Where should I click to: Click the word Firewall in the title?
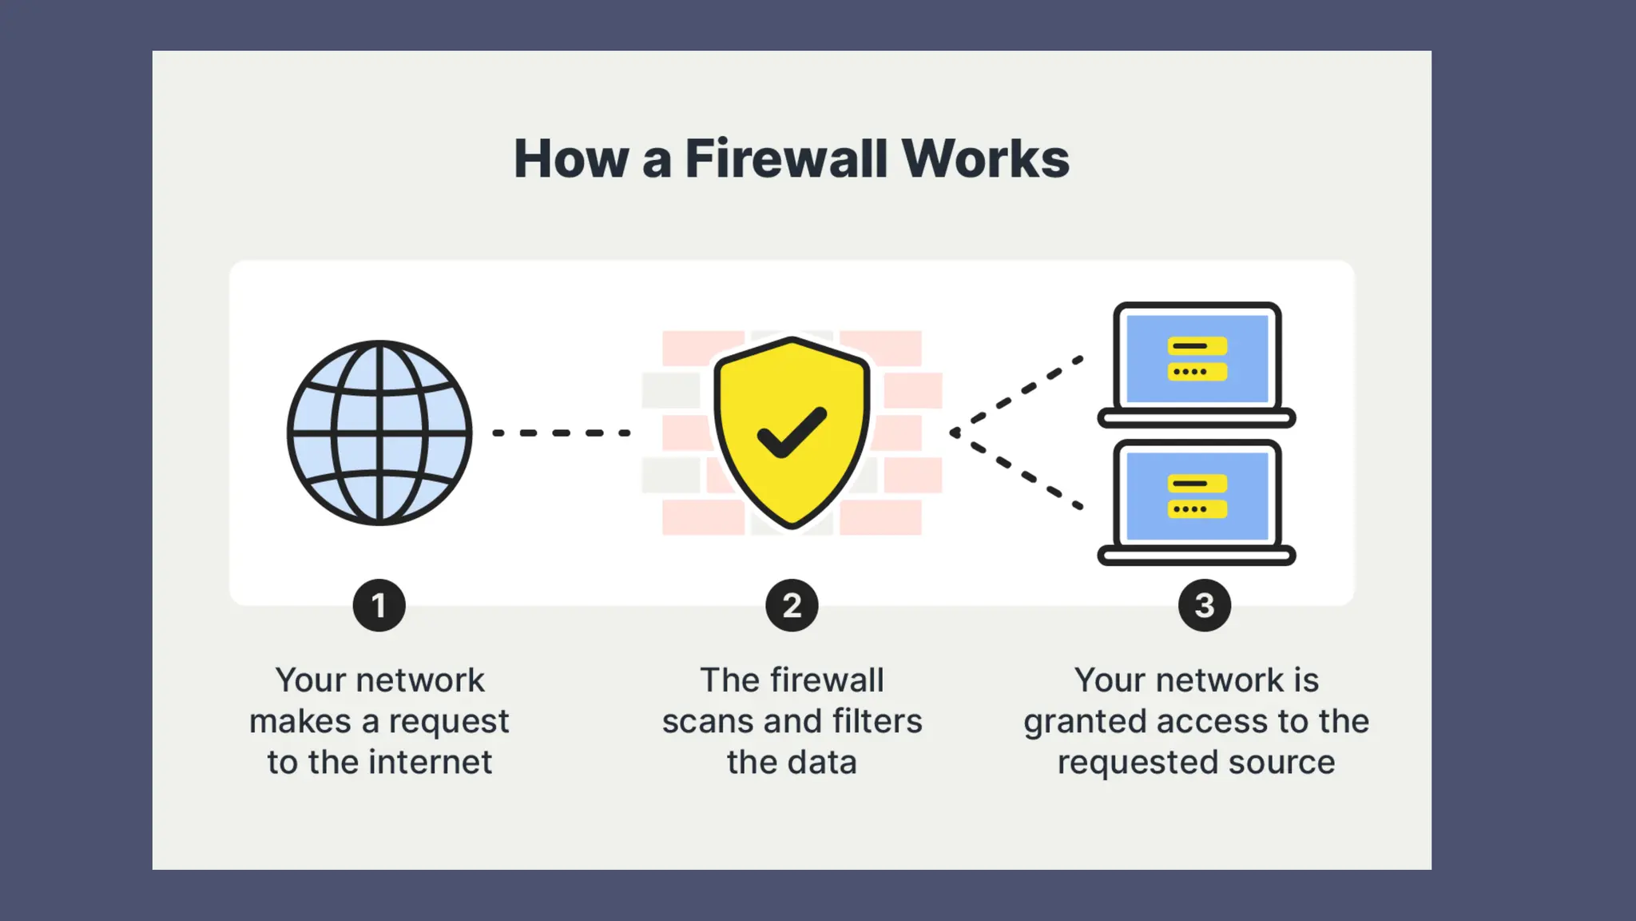pyautogui.click(x=786, y=158)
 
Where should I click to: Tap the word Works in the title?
pyautogui.click(x=986, y=158)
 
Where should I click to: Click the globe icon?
pyautogui.click(x=379, y=433)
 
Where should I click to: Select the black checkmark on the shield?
pyautogui.click(x=792, y=433)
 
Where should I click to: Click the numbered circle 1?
pyautogui.click(x=379, y=605)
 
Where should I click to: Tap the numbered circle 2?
pyautogui.click(x=792, y=605)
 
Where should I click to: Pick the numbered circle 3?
pyautogui.click(x=1204, y=605)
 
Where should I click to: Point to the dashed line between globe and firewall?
pyautogui.click(x=562, y=433)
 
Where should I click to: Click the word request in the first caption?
pyautogui.click(x=448, y=722)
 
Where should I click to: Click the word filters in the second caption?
pyautogui.click(x=877, y=721)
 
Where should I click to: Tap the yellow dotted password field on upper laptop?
pyautogui.click(x=1197, y=372)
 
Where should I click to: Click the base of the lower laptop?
pyautogui.click(x=1196, y=556)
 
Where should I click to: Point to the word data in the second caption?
pyautogui.click(x=823, y=762)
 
